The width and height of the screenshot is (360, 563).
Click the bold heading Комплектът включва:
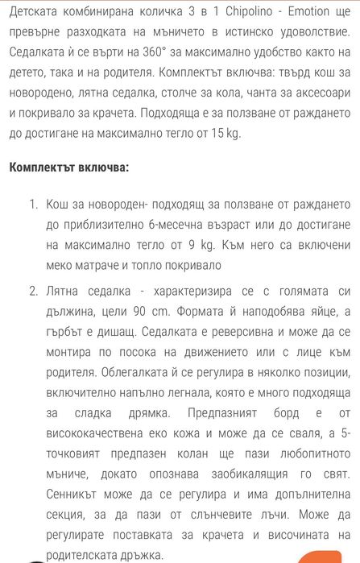pos(68,168)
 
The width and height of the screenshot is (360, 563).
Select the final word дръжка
pos(140,553)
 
